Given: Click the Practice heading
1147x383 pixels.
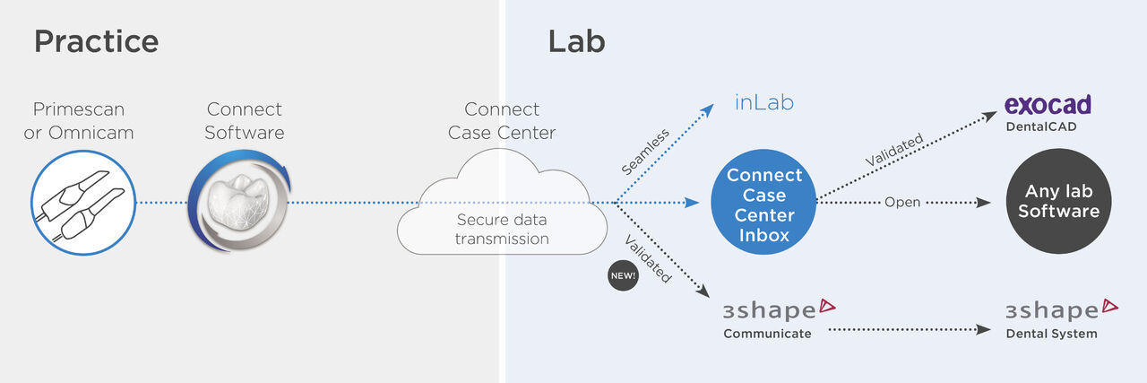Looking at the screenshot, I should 96,41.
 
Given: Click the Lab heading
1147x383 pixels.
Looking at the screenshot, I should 576,41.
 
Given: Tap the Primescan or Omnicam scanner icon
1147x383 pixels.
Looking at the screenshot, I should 82,204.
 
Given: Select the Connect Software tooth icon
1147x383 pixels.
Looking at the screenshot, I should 239,204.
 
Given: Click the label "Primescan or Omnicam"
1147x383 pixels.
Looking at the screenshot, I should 79,121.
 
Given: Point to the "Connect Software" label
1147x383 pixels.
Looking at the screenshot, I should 245,121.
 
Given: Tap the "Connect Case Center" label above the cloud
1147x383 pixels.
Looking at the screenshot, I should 502,121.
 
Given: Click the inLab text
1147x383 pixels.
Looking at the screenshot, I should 764,103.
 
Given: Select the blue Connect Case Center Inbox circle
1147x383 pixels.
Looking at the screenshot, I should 763,204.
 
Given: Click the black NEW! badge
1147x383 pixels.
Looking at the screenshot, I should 622,276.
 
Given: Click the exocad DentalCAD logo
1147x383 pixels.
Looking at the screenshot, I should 1048,112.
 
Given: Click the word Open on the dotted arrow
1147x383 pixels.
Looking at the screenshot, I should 901,203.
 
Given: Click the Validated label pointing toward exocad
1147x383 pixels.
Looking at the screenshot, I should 893,150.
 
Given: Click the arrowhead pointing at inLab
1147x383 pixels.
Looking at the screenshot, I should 707,110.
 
